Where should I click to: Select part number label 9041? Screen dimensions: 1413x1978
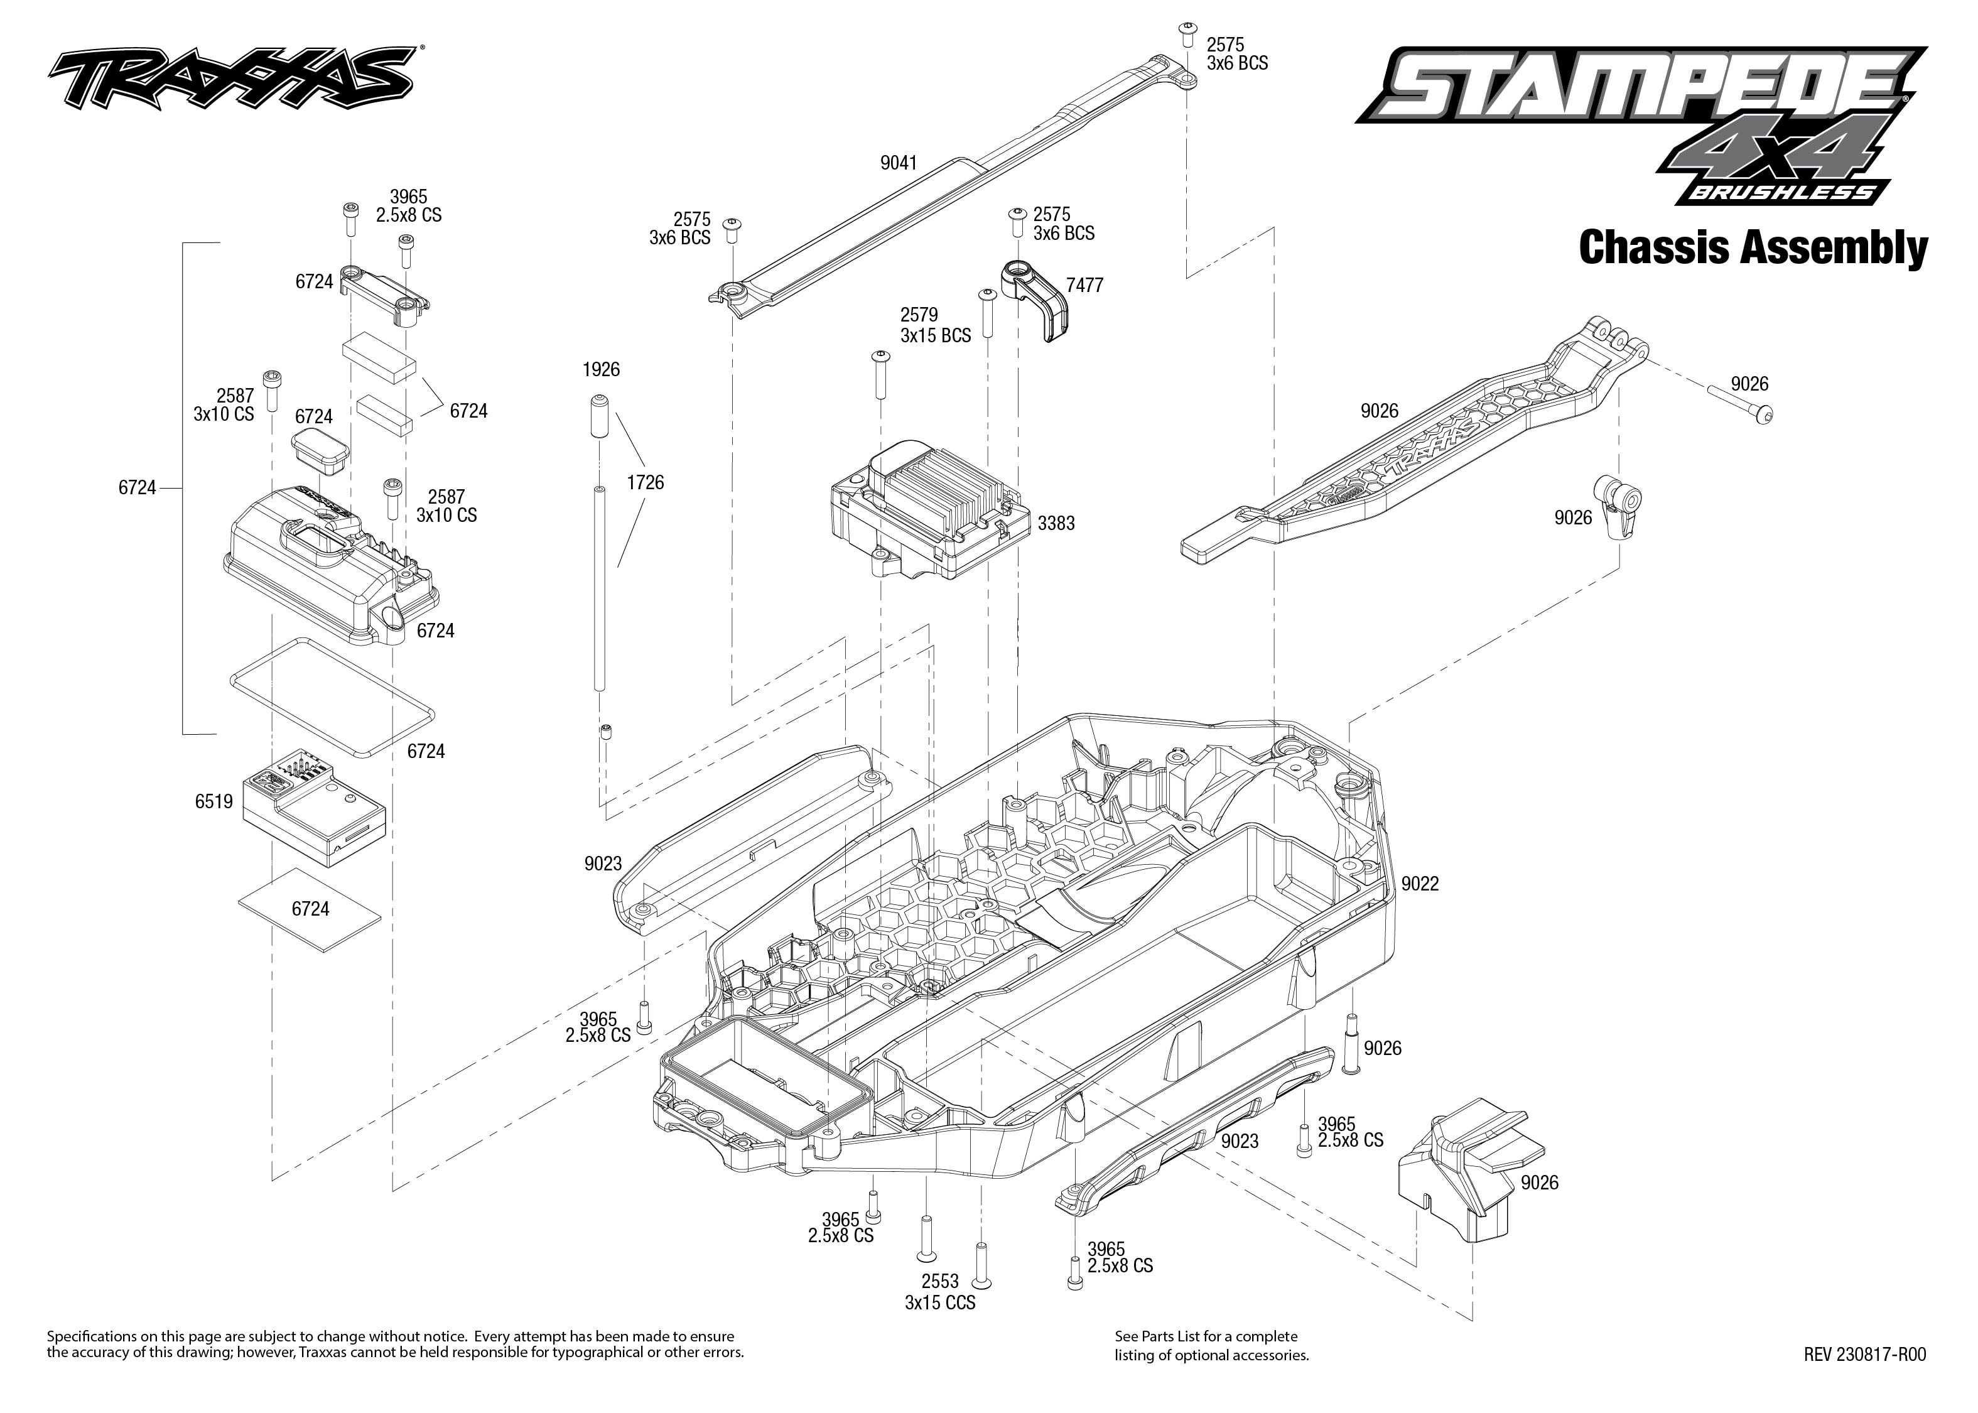point(898,163)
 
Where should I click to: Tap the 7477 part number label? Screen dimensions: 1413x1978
point(1084,285)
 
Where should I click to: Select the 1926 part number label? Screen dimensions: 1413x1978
point(600,370)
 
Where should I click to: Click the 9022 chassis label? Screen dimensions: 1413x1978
point(1420,884)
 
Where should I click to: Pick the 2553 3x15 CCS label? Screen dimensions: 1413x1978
point(939,1291)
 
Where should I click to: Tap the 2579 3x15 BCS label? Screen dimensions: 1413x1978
point(935,325)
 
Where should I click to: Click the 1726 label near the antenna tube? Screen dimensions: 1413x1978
point(644,483)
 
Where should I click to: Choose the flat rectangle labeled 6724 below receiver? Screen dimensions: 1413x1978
point(310,908)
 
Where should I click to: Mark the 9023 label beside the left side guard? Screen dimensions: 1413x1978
point(603,864)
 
